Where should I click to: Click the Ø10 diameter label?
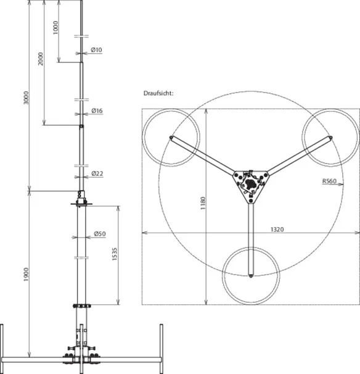[97, 50]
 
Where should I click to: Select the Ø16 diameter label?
[97, 110]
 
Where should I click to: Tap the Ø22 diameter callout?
[97, 173]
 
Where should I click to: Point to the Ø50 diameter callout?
[100, 234]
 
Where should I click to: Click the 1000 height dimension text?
[55, 28]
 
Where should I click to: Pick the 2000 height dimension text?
[41, 59]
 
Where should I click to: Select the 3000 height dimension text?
[26, 98]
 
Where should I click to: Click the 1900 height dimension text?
[26, 275]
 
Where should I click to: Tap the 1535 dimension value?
[115, 254]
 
